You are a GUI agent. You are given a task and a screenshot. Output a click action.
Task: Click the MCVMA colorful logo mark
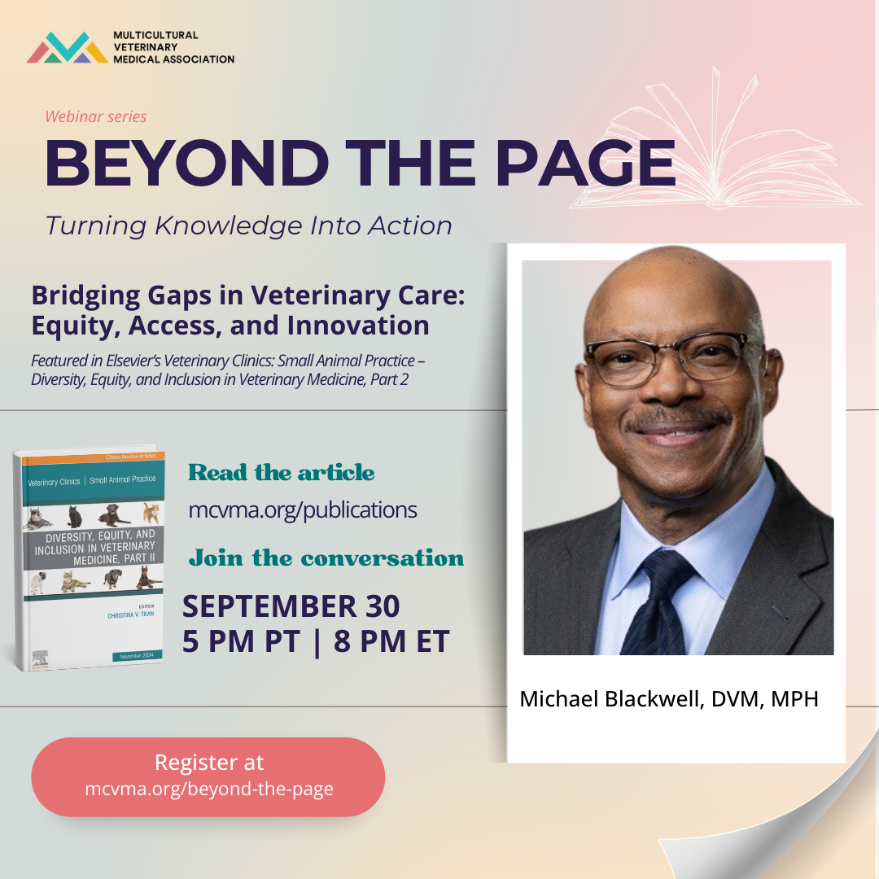67,48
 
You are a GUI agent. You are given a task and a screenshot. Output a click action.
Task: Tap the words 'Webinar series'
96,116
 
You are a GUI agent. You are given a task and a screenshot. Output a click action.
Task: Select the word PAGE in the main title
585,163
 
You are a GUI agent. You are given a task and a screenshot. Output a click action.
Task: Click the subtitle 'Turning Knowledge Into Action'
248,225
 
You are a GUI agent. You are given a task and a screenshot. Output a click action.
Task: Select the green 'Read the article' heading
282,473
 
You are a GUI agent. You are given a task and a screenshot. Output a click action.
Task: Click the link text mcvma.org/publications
303,510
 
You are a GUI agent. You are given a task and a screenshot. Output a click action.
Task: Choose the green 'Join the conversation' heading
326,558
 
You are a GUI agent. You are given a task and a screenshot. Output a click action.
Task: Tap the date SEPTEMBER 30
291,606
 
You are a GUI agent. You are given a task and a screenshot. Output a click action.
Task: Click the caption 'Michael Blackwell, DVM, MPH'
669,698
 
